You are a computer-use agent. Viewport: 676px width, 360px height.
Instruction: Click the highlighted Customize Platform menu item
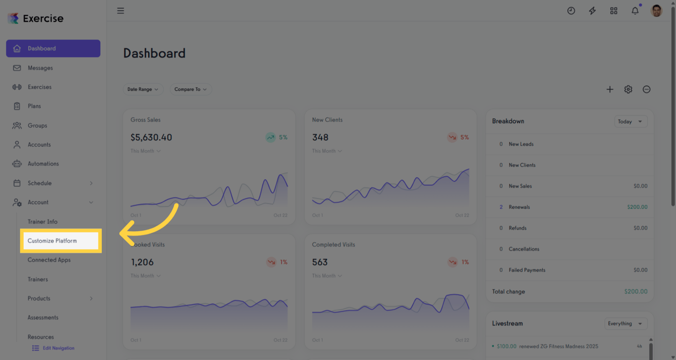(52, 241)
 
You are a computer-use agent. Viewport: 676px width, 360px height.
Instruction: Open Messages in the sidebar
(40, 68)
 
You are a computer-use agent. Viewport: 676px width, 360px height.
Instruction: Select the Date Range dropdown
(143, 89)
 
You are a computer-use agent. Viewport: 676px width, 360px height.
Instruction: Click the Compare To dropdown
(191, 89)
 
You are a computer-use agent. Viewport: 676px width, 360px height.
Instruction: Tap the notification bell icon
(635, 10)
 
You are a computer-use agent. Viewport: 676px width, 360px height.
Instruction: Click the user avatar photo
(656, 10)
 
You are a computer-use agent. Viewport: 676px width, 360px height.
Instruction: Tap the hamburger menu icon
(120, 10)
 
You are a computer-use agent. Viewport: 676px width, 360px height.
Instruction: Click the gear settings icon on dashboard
(628, 89)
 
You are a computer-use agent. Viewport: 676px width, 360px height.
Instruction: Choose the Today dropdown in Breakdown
(630, 121)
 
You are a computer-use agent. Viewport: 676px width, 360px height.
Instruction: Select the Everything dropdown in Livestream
(626, 323)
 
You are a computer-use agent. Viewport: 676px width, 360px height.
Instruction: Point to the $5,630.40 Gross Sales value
(151, 137)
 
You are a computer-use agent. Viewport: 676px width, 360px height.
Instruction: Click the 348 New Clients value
(320, 137)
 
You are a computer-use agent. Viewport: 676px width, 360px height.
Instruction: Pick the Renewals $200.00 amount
(637, 207)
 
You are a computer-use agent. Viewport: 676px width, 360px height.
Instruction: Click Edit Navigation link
(58, 348)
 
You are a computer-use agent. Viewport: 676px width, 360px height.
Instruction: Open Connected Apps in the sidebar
(49, 260)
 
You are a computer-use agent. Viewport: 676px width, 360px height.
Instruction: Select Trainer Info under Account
(43, 221)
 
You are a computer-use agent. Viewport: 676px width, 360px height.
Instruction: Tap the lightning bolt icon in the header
(592, 10)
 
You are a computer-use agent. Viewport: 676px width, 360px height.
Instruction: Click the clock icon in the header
(571, 10)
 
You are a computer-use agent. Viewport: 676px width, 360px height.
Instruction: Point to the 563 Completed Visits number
(320, 262)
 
